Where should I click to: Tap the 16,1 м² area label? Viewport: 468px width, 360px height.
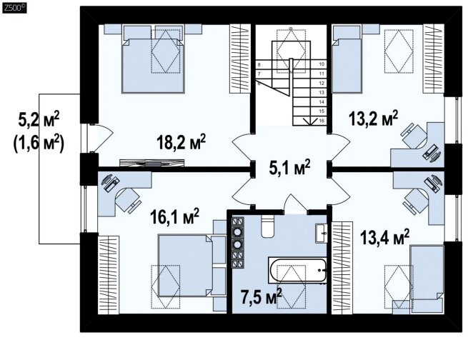(x=174, y=216)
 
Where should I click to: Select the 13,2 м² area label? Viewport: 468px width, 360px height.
(x=374, y=119)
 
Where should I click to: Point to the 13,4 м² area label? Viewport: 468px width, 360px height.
(x=384, y=237)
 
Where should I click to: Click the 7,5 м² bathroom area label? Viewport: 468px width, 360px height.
(x=262, y=296)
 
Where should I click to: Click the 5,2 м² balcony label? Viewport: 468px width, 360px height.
(x=39, y=120)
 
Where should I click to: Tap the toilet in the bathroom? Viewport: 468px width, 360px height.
(x=267, y=226)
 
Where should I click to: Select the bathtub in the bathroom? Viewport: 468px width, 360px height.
(x=298, y=270)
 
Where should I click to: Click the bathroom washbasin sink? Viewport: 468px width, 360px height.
(x=322, y=234)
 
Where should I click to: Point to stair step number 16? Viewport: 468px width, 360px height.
(x=322, y=121)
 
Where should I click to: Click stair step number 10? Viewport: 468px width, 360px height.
(x=322, y=64)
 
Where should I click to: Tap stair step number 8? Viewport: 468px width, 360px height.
(x=259, y=64)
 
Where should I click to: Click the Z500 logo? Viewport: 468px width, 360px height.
(x=14, y=8)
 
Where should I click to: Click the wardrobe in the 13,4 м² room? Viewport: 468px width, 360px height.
(x=342, y=268)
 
